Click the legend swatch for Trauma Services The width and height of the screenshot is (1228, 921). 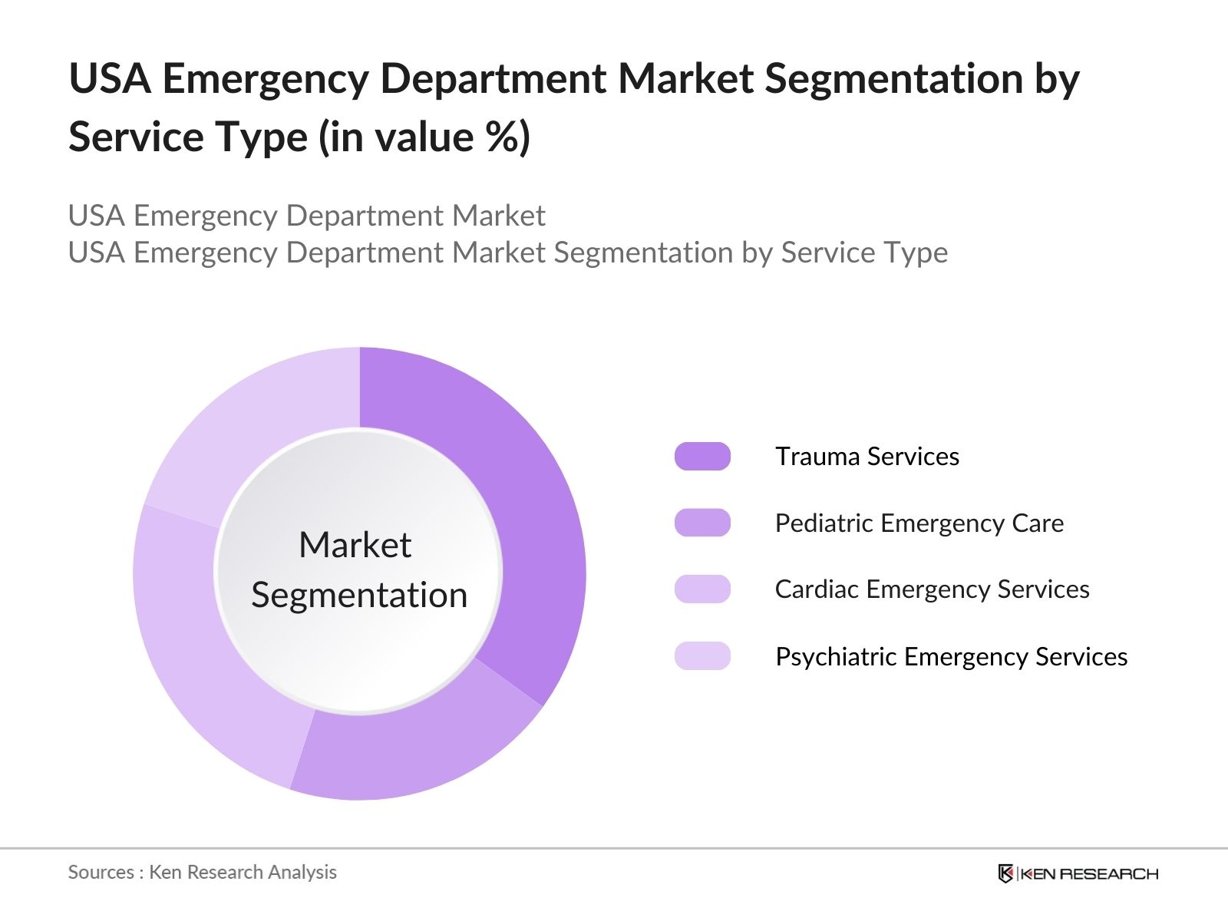tap(702, 457)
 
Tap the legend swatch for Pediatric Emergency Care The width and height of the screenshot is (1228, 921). tap(702, 523)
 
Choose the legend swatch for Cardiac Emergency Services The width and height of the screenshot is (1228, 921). tap(702, 589)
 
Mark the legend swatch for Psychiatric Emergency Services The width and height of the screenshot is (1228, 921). tap(702, 656)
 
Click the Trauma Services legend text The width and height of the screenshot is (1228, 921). tap(867, 457)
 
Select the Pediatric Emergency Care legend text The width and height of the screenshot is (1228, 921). tap(919, 523)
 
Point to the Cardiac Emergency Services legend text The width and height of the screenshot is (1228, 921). tap(932, 589)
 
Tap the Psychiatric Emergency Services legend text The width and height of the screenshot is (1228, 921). tap(951, 657)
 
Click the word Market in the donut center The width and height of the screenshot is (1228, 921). tap(355, 545)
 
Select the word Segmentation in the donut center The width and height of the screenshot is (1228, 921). tap(359, 596)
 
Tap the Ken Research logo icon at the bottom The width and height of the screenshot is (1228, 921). tap(1005, 873)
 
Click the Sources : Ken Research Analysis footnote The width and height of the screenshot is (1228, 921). tap(202, 873)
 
